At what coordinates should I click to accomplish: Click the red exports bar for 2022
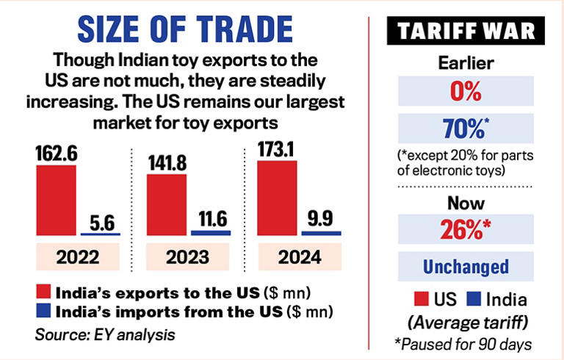point(55,199)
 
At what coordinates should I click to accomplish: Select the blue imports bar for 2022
point(100,234)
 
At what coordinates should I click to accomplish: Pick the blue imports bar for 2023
point(211,232)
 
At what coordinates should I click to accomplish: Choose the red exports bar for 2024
point(277,197)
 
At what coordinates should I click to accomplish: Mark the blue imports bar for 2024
point(322,233)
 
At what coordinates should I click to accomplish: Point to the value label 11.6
point(210,217)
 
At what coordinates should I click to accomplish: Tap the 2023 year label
point(188,257)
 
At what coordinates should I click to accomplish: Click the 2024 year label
point(299,257)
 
